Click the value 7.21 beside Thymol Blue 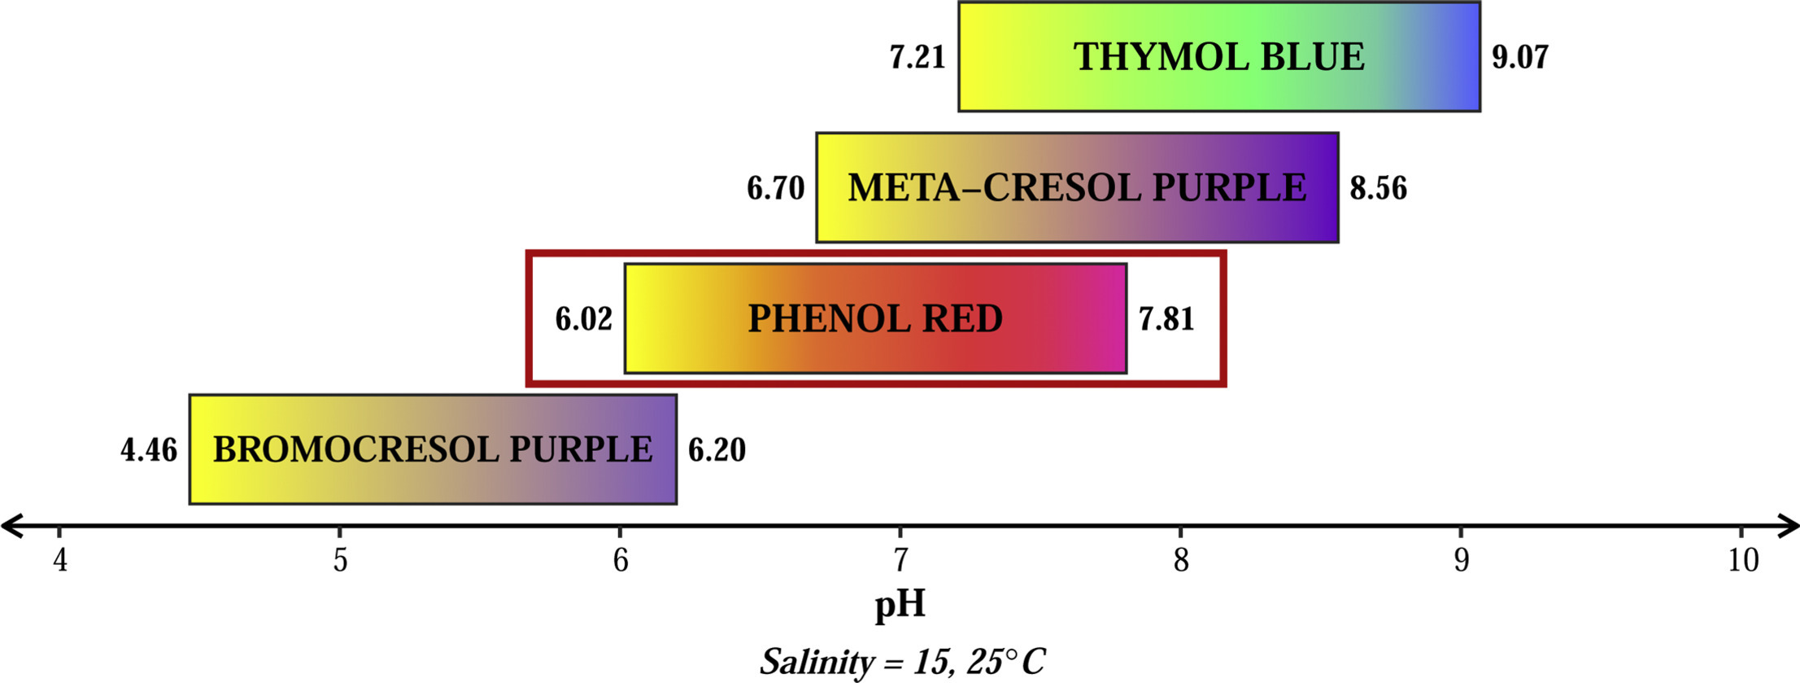point(917,58)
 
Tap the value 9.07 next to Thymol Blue point(1520,58)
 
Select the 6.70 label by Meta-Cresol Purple point(776,189)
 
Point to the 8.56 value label point(1379,189)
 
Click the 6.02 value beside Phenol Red point(584,319)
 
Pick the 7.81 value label point(1166,319)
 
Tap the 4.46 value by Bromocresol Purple point(149,450)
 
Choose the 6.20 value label point(717,450)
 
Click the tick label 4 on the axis point(60,561)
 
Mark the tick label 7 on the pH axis point(900,561)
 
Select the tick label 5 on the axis point(340,561)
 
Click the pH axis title point(900,606)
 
